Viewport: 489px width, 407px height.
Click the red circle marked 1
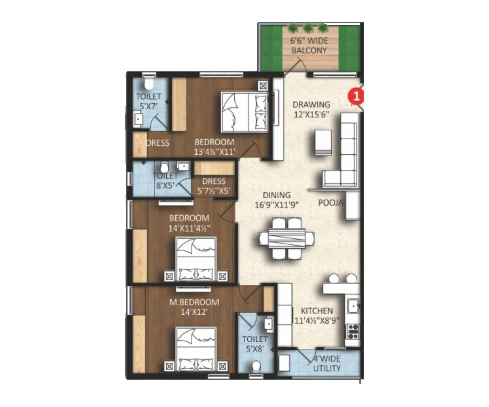click(x=356, y=97)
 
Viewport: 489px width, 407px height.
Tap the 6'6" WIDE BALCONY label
click(x=308, y=46)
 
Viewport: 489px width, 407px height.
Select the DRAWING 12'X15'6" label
click(x=311, y=109)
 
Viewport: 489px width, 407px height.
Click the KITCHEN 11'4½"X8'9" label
click(x=317, y=315)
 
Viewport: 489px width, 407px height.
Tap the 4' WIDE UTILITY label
click(x=326, y=364)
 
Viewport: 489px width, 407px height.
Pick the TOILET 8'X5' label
click(x=165, y=180)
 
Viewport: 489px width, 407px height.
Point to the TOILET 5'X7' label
click(x=148, y=101)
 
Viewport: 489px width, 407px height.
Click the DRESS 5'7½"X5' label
click(x=214, y=186)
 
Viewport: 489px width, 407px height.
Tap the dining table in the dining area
click(x=287, y=238)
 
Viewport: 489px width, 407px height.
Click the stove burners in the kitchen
click(x=352, y=331)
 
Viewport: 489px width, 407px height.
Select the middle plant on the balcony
click(x=308, y=28)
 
